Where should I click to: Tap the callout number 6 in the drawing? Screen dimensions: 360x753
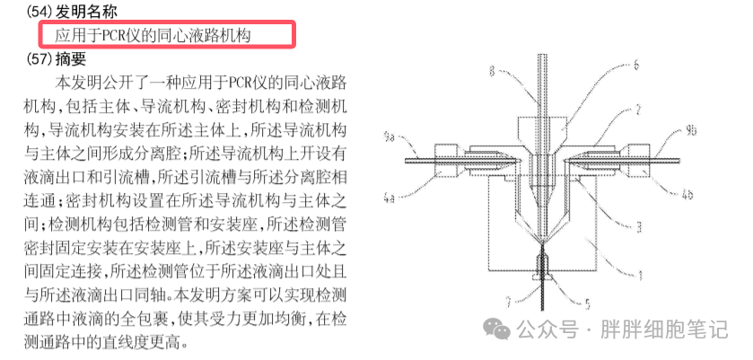pos(635,65)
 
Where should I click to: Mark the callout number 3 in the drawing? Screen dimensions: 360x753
pos(637,228)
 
